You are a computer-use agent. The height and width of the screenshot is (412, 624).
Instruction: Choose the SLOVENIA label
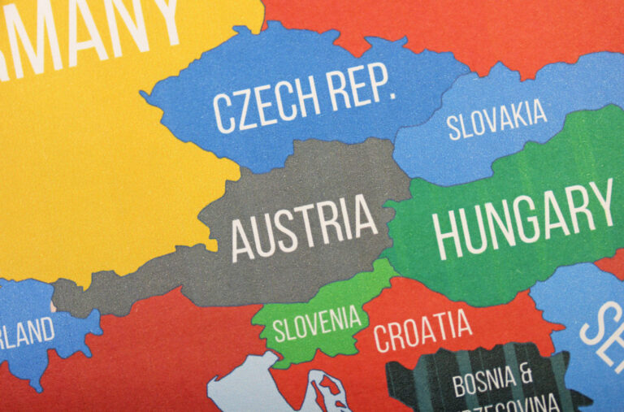coord(316,323)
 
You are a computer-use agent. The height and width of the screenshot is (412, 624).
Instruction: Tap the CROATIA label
coord(422,327)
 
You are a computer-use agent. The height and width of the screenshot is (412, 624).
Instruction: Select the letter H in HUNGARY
coord(448,235)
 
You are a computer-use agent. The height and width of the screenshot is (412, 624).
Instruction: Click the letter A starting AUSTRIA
coord(241,241)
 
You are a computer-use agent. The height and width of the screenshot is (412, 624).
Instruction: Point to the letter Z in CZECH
coord(242,112)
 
